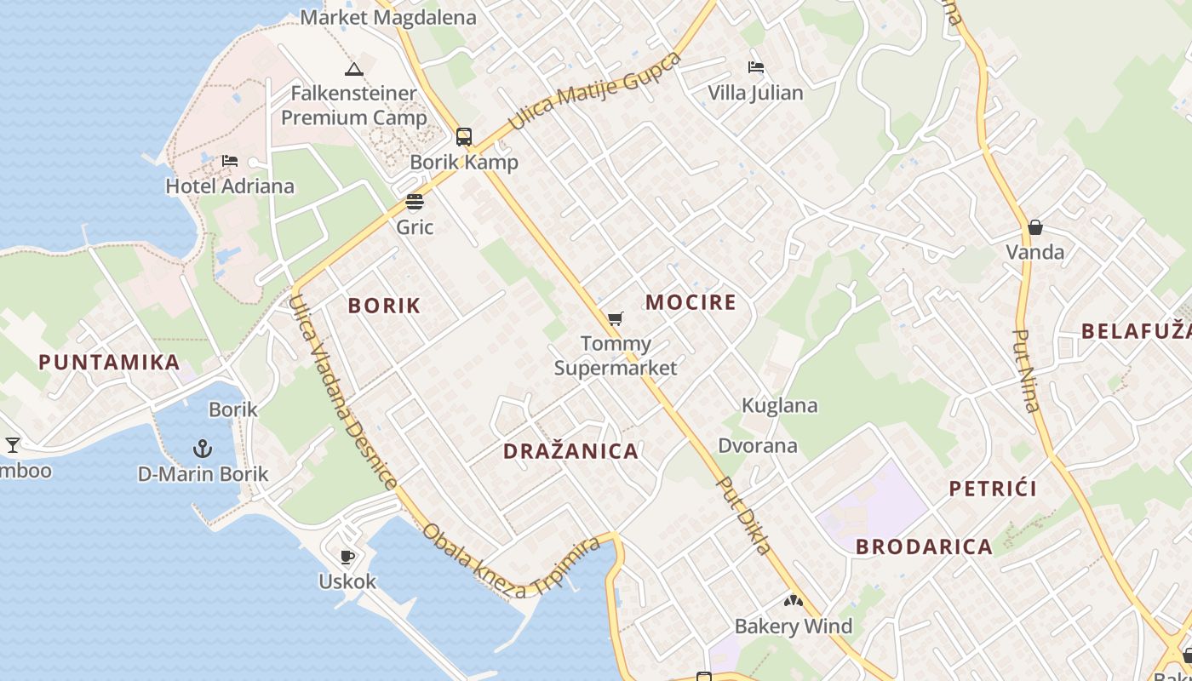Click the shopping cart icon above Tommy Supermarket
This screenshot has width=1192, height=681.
[x=615, y=319]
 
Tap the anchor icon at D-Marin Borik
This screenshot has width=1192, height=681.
[x=203, y=448]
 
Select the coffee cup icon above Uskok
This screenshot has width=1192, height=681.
[x=347, y=557]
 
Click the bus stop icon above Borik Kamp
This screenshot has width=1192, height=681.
[x=464, y=136]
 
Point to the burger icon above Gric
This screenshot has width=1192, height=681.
[x=415, y=202]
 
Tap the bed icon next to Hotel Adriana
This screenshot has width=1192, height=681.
[x=229, y=160]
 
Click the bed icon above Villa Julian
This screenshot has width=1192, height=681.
[x=755, y=67]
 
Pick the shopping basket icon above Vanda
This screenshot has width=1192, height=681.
[x=1035, y=227]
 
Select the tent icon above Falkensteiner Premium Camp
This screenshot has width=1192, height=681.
[x=354, y=69]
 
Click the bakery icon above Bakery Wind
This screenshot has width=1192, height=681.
[x=794, y=601]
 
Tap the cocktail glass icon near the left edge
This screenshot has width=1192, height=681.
[x=13, y=444]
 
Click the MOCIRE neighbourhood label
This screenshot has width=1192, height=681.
[x=691, y=302]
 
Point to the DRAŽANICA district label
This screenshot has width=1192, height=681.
[x=570, y=451]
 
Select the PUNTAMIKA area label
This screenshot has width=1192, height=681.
[x=109, y=363]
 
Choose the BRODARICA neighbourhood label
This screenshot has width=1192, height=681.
[x=924, y=547]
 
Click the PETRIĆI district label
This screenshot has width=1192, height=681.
[x=993, y=489]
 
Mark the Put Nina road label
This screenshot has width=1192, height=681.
[x=1027, y=370]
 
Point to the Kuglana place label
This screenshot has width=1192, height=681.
[x=780, y=406]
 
